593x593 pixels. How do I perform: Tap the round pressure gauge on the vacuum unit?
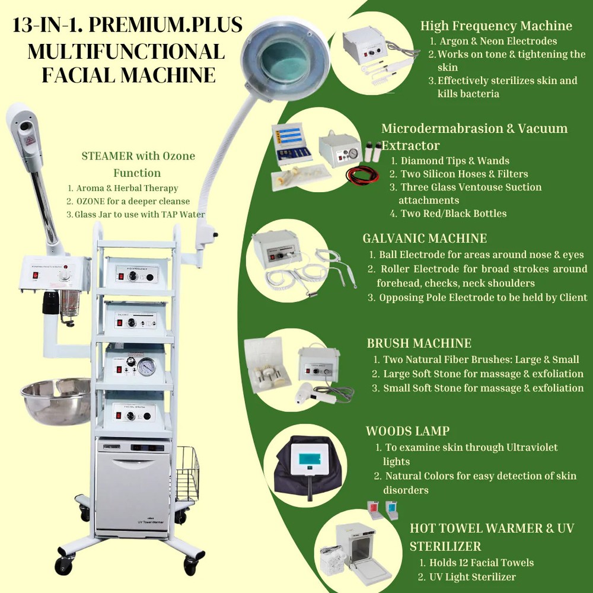(145, 366)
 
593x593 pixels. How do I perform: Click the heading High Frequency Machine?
(496, 25)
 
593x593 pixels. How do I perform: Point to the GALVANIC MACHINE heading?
(425, 238)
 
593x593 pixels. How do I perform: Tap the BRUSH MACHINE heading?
(419, 343)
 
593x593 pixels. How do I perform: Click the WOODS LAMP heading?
(407, 431)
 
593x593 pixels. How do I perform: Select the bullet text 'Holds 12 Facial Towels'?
(476, 562)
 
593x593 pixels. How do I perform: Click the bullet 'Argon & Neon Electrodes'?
(498, 41)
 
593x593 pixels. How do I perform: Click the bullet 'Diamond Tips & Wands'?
(455, 161)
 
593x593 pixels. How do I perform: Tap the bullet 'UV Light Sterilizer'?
(474, 576)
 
